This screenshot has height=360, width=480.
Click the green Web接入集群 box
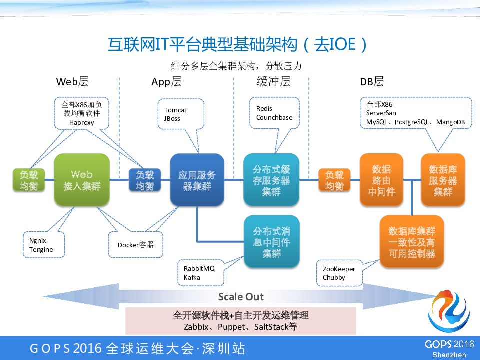coord(81,180)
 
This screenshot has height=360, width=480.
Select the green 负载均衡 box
coord(28,180)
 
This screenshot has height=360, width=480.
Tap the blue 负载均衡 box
coord(145,180)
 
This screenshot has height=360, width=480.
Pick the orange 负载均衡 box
coord(334,180)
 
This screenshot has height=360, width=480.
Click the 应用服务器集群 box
coord(197,180)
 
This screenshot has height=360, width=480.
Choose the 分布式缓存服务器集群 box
coord(271,180)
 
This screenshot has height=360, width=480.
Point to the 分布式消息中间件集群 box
coord(271,242)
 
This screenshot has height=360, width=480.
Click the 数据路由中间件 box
coord(381,180)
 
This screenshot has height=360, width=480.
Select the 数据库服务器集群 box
coord(442,180)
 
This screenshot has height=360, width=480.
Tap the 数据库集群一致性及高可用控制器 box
coord(411,242)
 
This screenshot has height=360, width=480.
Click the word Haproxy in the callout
coord(82,123)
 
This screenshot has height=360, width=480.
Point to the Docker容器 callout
coord(136,245)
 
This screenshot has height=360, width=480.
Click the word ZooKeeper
coord(339,269)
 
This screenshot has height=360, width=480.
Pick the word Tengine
coord(41,249)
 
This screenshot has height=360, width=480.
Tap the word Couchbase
coord(274,118)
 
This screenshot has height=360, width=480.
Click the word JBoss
coord(172,119)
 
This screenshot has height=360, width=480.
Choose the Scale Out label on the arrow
coord(241,296)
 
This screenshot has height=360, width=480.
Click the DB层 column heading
coord(372,81)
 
